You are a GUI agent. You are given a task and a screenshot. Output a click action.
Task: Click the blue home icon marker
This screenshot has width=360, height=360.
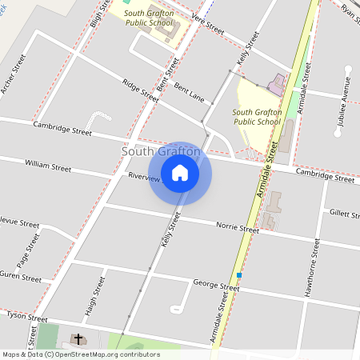[180, 173]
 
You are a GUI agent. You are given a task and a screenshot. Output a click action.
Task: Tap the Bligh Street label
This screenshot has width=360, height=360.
[98, 14]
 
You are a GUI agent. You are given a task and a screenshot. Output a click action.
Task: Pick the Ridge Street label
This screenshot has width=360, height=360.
[140, 89]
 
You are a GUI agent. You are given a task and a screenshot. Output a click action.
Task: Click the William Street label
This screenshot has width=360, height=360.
[48, 165]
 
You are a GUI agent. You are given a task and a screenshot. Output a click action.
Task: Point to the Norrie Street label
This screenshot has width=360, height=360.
[238, 227]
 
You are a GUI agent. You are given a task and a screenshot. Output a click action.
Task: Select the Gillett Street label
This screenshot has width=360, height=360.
[346, 213]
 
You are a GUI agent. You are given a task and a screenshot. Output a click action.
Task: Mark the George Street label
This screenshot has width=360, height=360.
[216, 285]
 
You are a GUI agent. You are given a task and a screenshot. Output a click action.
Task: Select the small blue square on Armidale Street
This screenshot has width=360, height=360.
[238, 275]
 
